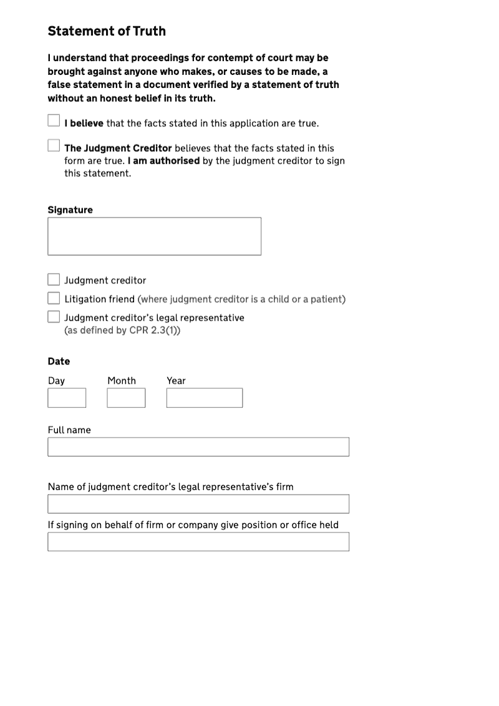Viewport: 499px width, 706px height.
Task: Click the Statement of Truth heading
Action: coord(107,31)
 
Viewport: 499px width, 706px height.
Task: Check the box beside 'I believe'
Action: coord(54,120)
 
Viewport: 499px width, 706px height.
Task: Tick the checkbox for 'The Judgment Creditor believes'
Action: coord(54,145)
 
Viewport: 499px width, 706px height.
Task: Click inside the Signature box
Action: coord(154,236)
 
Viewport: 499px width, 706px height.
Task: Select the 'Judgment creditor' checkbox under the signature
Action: coord(54,280)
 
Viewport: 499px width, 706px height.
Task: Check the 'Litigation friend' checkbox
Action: coord(54,298)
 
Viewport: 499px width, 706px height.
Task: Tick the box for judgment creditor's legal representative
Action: coord(54,316)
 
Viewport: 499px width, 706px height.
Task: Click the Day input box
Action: coord(67,398)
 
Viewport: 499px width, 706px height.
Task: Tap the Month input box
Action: coord(126,398)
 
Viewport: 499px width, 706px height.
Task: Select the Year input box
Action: coord(204,398)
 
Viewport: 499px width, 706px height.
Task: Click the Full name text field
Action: coord(198,447)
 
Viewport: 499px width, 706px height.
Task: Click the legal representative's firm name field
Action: coord(198,504)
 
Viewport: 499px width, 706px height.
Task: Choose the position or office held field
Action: coord(198,541)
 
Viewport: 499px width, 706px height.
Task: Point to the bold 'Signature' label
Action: coord(70,210)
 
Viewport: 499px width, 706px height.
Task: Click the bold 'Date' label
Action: coord(59,361)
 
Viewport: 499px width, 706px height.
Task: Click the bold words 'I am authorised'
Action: coord(164,160)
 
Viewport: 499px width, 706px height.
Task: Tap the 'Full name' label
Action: coord(69,430)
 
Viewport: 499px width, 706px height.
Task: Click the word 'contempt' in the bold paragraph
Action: coord(222,58)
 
